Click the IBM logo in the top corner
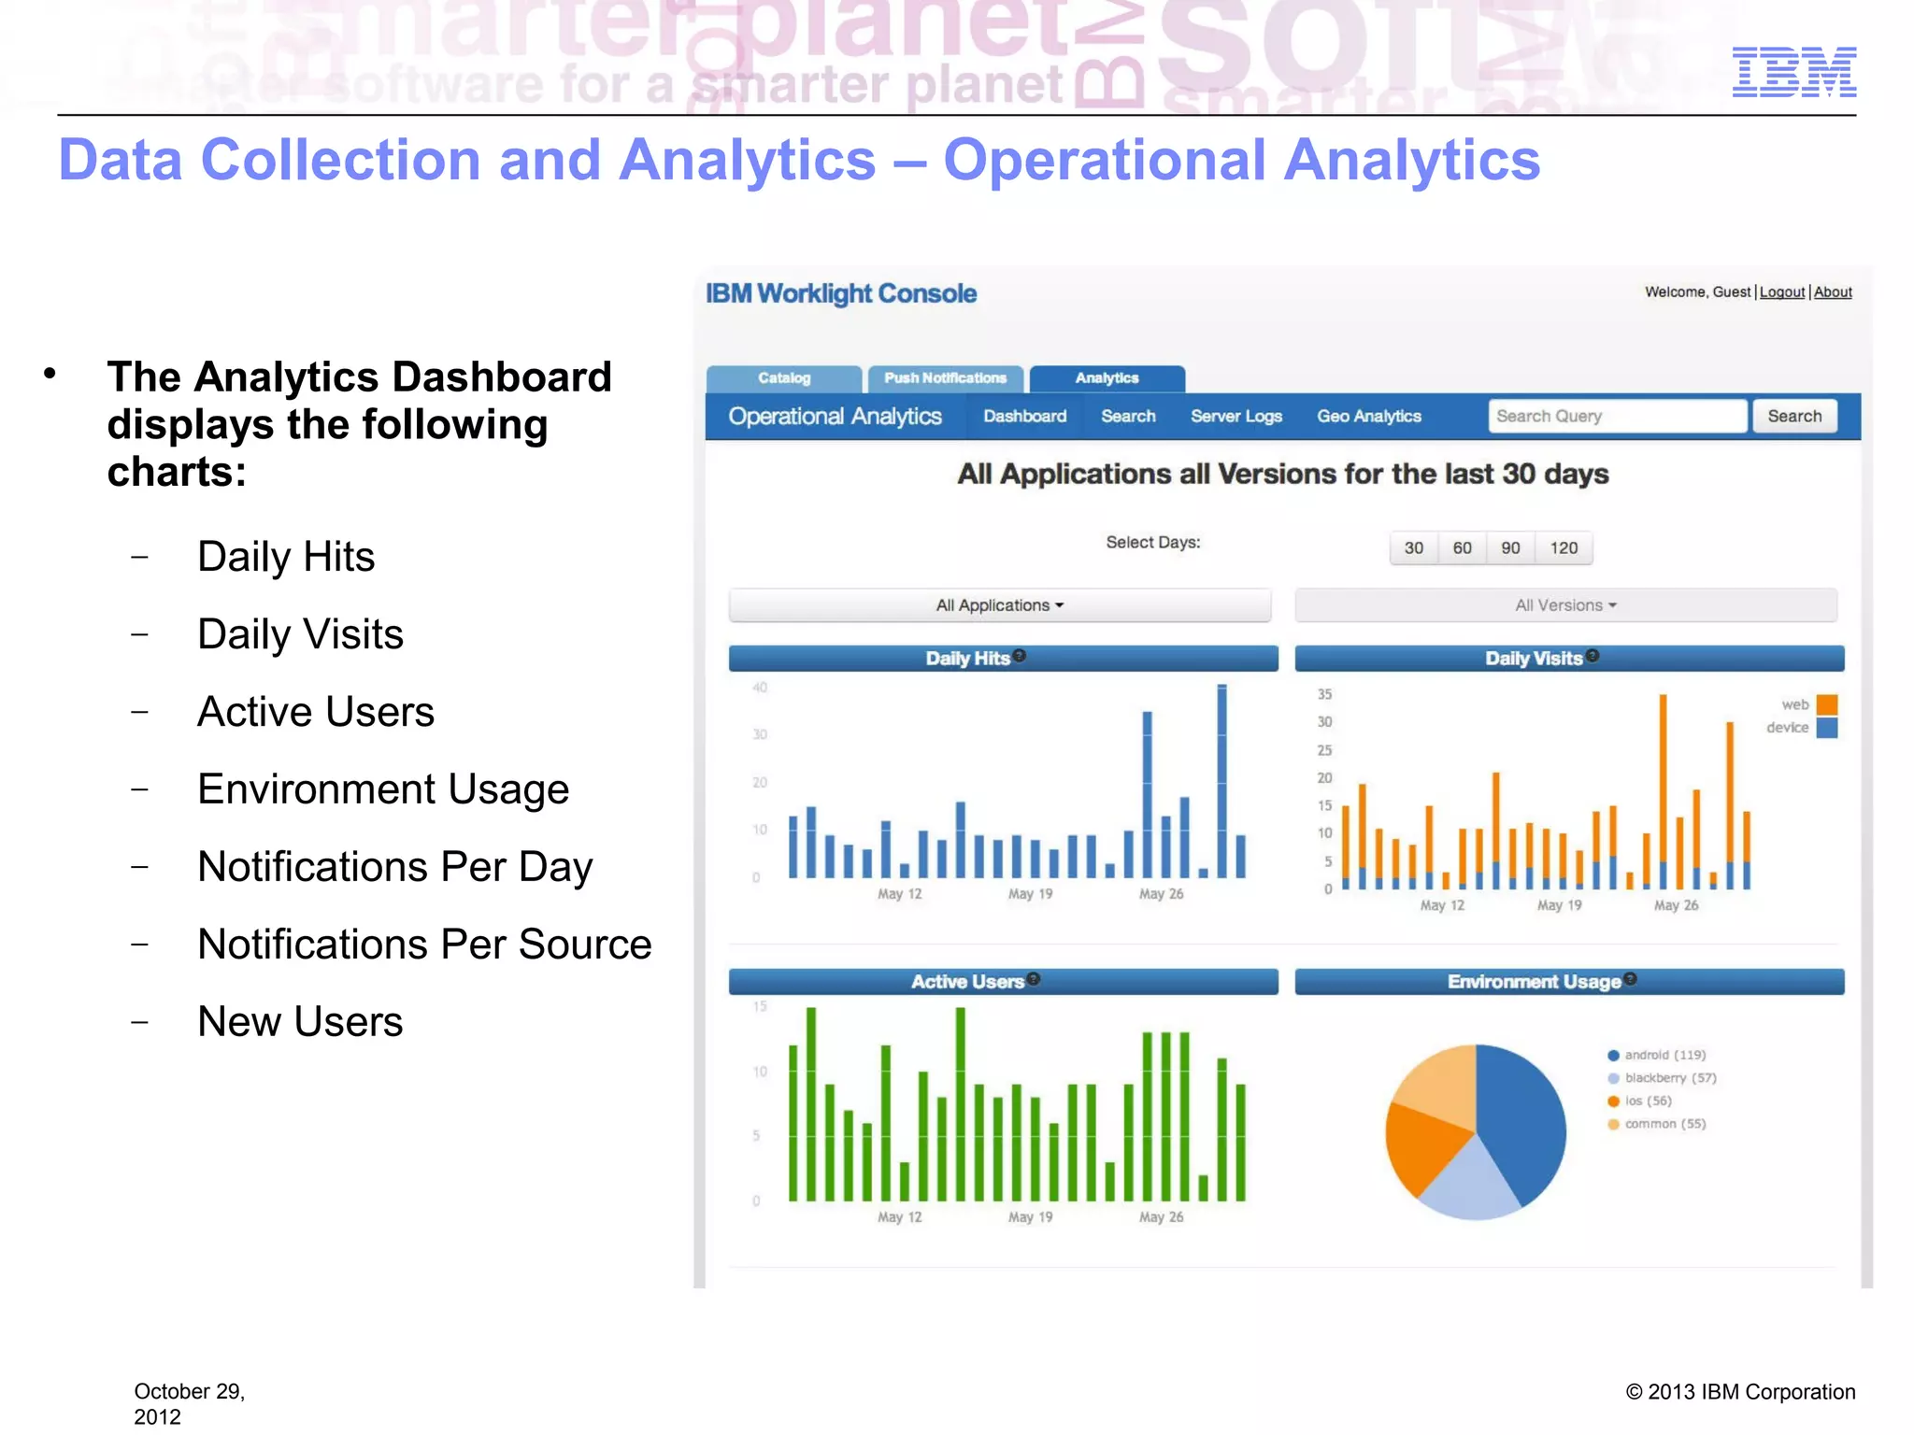click(x=1793, y=72)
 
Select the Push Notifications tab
click(x=945, y=378)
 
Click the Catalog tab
click(x=784, y=378)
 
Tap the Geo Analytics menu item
click(x=1368, y=417)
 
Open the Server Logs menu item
click(x=1236, y=417)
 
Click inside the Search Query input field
click(x=1617, y=417)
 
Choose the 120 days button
click(x=1564, y=548)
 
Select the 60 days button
click(x=1462, y=548)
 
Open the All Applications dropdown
click(x=999, y=605)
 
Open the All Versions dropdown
click(x=1565, y=605)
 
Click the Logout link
click(x=1781, y=292)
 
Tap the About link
click(x=1833, y=292)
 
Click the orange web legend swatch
click(x=1827, y=704)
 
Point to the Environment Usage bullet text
click(x=383, y=789)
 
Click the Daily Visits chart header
click(x=1568, y=659)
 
